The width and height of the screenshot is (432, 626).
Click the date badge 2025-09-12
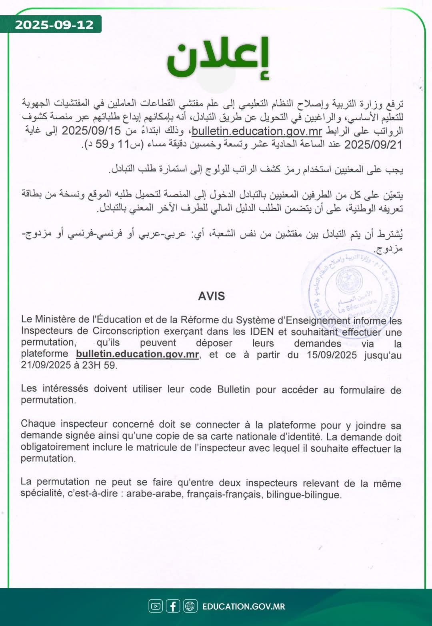point(54,25)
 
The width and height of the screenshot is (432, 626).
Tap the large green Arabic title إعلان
point(218,58)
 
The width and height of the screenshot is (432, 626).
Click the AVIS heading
point(212,296)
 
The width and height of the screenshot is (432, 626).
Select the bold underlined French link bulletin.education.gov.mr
point(137,354)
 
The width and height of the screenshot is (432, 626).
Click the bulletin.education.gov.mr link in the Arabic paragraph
point(257,131)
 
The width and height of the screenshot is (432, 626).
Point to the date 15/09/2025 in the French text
point(332,355)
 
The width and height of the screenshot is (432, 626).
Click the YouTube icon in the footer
point(155,606)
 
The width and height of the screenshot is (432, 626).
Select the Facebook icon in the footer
point(173,606)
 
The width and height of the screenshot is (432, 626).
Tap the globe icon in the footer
point(190,606)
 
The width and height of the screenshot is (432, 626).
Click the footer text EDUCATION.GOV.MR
point(244,606)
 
